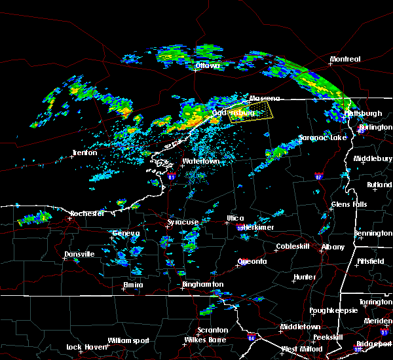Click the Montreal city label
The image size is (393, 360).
click(345, 60)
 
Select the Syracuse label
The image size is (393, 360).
click(183, 223)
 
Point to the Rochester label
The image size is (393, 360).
click(87, 213)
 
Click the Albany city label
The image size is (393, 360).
click(331, 247)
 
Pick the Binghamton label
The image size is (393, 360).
click(203, 285)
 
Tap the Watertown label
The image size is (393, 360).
click(200, 161)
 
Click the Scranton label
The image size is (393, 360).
click(213, 330)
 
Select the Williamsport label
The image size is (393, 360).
click(129, 340)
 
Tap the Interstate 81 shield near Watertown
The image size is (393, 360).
click(172, 176)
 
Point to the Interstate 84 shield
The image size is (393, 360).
click(252, 338)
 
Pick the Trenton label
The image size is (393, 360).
click(84, 153)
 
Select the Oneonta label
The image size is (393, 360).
click(252, 261)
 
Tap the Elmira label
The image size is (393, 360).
click(133, 285)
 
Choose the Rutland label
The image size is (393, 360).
click(379, 185)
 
